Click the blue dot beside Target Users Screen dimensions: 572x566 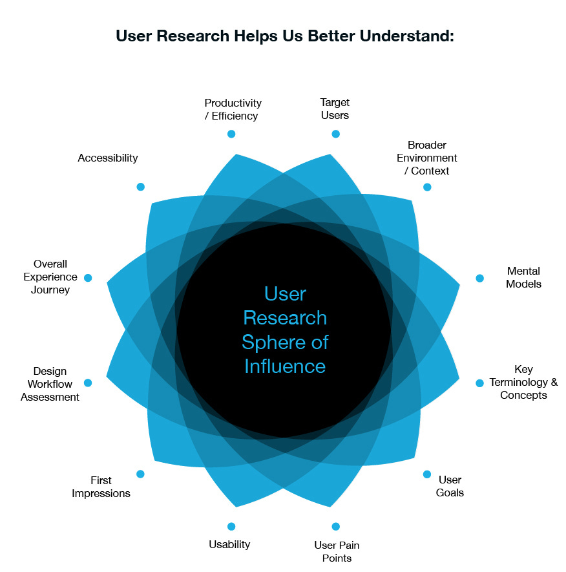(x=335, y=134)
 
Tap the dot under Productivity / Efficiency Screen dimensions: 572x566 (x=231, y=134)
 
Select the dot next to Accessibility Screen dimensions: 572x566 (x=140, y=187)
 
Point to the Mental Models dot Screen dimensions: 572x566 (x=479, y=278)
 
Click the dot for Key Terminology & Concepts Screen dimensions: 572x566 (x=479, y=383)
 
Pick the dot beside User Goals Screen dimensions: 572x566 (x=427, y=474)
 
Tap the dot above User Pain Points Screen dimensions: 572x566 (x=335, y=527)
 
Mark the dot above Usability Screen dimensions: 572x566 (x=231, y=527)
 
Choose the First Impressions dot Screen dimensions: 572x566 (x=140, y=474)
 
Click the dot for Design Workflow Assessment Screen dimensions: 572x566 (x=88, y=383)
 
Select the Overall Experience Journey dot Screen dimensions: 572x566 (x=88, y=278)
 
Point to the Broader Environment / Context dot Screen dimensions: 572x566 (x=427, y=187)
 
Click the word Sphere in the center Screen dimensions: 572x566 (x=269, y=343)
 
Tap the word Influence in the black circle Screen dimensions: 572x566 (x=285, y=366)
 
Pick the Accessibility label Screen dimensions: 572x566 (x=108, y=158)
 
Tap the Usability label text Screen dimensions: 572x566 (x=229, y=544)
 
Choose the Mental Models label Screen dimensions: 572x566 (x=523, y=277)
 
